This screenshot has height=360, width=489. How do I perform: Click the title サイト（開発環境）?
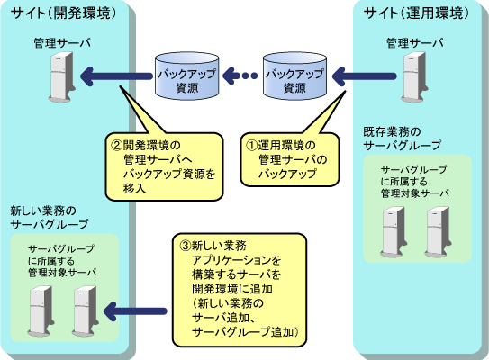click(64, 13)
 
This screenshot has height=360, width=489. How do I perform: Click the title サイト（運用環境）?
click(417, 13)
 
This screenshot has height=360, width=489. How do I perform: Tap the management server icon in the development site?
click(62, 77)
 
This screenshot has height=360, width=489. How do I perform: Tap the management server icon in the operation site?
click(415, 77)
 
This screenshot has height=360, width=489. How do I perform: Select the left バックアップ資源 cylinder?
click(186, 76)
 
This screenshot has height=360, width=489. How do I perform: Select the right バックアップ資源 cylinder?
click(294, 76)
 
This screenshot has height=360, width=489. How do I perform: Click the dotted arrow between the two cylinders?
click(240, 76)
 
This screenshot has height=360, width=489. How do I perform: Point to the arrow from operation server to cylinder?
click(364, 76)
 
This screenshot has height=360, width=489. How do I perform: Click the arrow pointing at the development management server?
click(116, 76)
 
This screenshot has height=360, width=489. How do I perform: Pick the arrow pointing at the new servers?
click(135, 311)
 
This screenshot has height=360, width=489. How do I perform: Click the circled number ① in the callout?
click(251, 145)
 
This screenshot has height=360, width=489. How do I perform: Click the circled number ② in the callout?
click(117, 145)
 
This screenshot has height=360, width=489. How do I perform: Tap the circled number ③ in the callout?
click(186, 246)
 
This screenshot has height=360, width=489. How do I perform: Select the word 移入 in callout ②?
click(134, 188)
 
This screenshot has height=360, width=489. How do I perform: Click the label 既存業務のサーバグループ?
click(403, 139)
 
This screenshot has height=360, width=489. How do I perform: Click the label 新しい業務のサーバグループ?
click(50, 218)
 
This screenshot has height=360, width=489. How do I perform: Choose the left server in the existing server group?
click(394, 232)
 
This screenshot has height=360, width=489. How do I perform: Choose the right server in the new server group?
click(86, 311)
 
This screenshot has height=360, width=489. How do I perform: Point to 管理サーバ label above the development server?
click(62, 42)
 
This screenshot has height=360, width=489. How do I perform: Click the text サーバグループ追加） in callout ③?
click(245, 331)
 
